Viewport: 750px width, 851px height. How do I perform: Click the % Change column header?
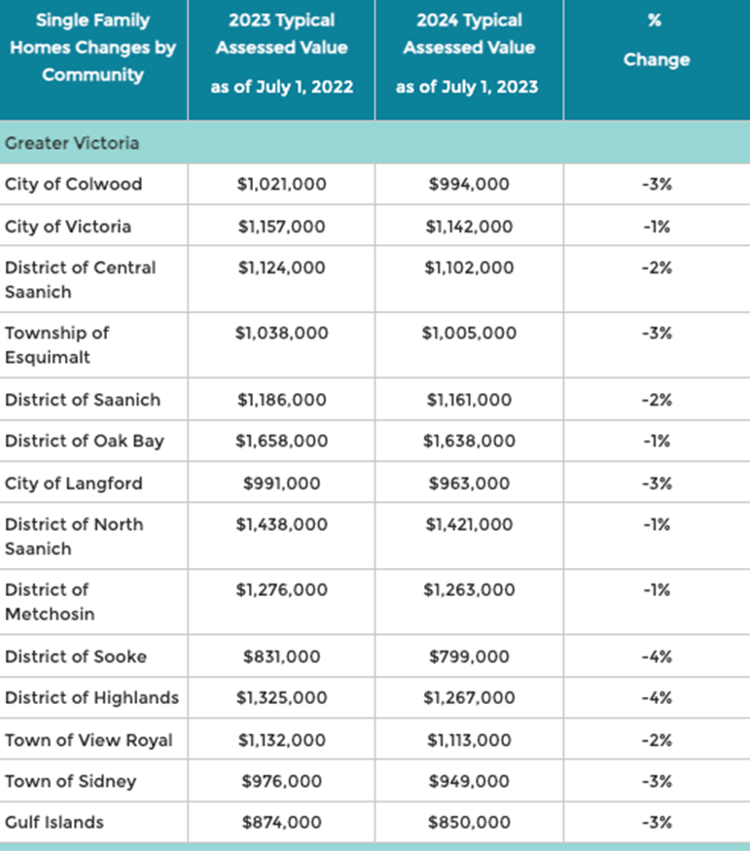656,40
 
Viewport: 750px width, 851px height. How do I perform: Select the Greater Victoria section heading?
72,143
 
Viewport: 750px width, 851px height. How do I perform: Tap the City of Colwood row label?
73,184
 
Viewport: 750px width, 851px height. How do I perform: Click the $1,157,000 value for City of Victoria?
282,227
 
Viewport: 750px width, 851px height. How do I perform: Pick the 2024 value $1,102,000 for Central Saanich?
469,267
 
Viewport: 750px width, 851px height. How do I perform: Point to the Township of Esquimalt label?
57,344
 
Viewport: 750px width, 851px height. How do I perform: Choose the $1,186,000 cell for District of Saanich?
282,400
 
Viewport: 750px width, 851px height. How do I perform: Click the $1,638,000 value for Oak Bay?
469,441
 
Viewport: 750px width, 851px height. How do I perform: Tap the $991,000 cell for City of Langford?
282,483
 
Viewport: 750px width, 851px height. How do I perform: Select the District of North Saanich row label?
74,536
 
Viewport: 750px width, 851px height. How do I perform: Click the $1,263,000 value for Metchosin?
469,590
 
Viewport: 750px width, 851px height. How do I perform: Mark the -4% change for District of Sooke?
657,656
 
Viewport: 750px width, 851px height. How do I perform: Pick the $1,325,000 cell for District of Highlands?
282,697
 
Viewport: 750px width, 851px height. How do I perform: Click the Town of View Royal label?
89,740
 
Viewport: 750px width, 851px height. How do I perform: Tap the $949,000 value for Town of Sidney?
469,781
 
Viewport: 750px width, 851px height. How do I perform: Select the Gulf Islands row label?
54,822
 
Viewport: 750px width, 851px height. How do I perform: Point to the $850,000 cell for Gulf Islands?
469,822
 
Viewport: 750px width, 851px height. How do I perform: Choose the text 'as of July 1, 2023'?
467,87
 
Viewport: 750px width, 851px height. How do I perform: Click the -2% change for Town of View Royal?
657,740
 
